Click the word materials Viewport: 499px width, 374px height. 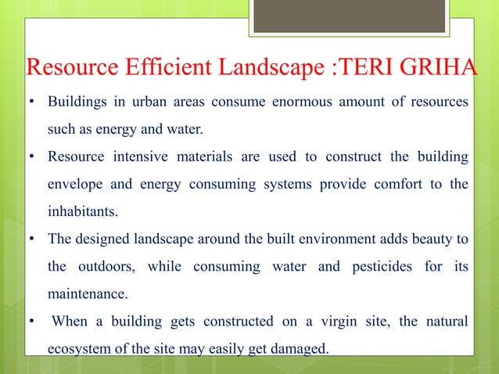click(204, 157)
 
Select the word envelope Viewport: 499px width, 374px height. click(76, 185)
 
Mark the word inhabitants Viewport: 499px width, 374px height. click(81, 212)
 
